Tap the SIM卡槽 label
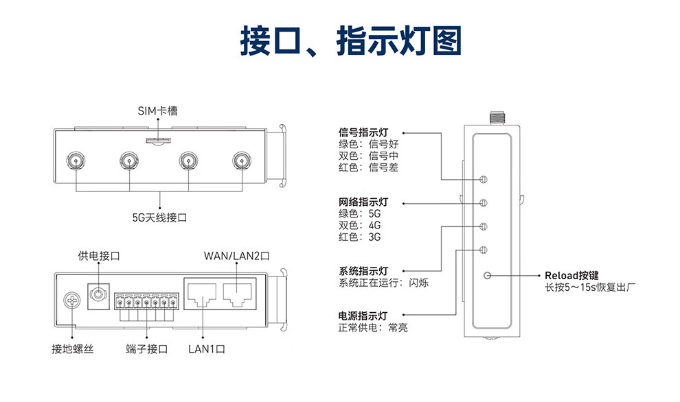pyautogui.click(x=157, y=111)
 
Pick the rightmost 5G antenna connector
pyautogui.click(x=240, y=162)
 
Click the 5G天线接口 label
pyautogui.click(x=159, y=217)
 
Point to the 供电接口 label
pyautogui.click(x=99, y=256)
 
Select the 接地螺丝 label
pyautogui.click(x=72, y=349)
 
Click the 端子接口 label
pyautogui.click(x=147, y=349)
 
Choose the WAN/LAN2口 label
pyautogui.click(x=236, y=256)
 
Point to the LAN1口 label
pyautogui.click(x=207, y=349)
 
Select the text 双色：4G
pyautogui.click(x=359, y=225)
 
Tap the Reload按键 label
pyautogui.click(x=571, y=275)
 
